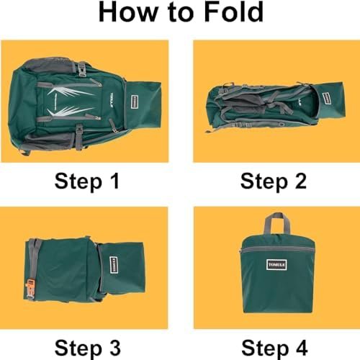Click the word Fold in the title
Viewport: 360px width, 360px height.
[x=233, y=12]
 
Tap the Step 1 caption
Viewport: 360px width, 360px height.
[x=87, y=181]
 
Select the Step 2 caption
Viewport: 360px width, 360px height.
[x=274, y=181]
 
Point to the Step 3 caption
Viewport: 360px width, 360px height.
[x=87, y=348]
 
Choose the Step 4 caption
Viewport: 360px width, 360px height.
[x=274, y=348]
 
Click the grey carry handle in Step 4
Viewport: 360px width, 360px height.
[x=277, y=222]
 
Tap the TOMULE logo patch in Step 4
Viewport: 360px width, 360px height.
[x=276, y=265]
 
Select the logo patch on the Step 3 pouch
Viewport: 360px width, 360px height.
[x=114, y=265]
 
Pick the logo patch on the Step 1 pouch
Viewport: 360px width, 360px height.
[x=135, y=102]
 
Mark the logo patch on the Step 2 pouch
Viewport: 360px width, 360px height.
[x=326, y=98]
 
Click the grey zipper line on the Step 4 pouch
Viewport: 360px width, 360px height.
[x=278, y=248]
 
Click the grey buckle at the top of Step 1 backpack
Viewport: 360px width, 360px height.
[x=82, y=69]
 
